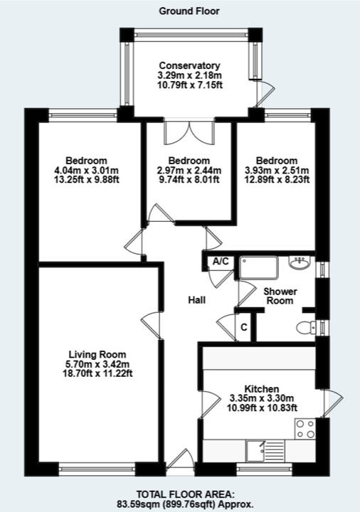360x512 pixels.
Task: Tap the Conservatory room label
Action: [190, 66]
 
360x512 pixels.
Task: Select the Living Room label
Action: [97, 354]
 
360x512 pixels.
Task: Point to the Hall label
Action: [197, 300]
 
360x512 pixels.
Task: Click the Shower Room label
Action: [280, 297]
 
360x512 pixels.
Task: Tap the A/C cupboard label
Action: [220, 262]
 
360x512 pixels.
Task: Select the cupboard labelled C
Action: [243, 327]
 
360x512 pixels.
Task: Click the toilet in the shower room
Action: [307, 327]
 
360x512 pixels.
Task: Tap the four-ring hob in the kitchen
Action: [305, 429]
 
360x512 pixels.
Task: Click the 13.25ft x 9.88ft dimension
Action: [86, 179]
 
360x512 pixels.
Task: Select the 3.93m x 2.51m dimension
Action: [282, 170]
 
